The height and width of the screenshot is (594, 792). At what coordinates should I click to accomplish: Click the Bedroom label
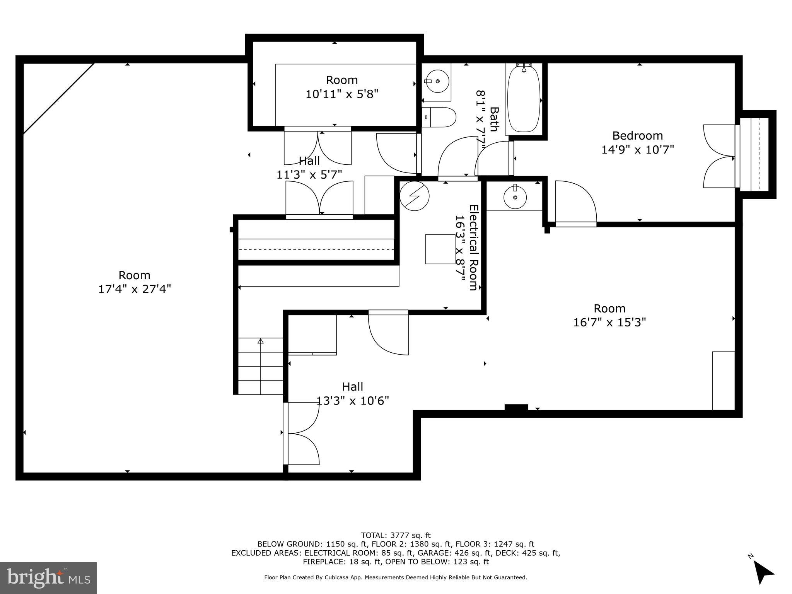[x=637, y=136]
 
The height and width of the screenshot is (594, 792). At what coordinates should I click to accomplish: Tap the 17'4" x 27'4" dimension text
[x=134, y=289]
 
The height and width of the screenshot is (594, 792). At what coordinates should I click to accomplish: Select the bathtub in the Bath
[x=524, y=100]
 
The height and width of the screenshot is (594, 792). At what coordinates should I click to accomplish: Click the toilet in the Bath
[x=439, y=117]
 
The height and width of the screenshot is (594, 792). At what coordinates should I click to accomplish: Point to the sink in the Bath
[x=437, y=81]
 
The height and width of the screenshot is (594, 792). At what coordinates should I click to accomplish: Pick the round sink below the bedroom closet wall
[x=515, y=197]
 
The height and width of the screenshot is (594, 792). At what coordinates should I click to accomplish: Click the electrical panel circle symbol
[x=414, y=196]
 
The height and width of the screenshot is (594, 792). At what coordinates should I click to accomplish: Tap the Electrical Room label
[x=473, y=247]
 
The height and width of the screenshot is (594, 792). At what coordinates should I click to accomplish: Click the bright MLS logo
[x=48, y=578]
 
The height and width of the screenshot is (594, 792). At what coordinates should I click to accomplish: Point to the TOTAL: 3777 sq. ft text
[x=396, y=535]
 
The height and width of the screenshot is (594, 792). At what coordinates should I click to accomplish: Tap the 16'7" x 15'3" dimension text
[x=609, y=322]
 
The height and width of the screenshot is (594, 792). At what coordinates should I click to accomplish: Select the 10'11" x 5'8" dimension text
[x=342, y=94]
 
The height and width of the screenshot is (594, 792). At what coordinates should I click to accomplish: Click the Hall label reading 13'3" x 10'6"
[x=352, y=393]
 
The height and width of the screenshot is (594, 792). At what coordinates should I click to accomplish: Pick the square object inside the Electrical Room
[x=440, y=249]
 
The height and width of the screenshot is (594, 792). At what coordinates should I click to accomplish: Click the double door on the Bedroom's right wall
[x=719, y=156]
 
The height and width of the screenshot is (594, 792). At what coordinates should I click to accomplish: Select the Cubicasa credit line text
[x=396, y=577]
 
